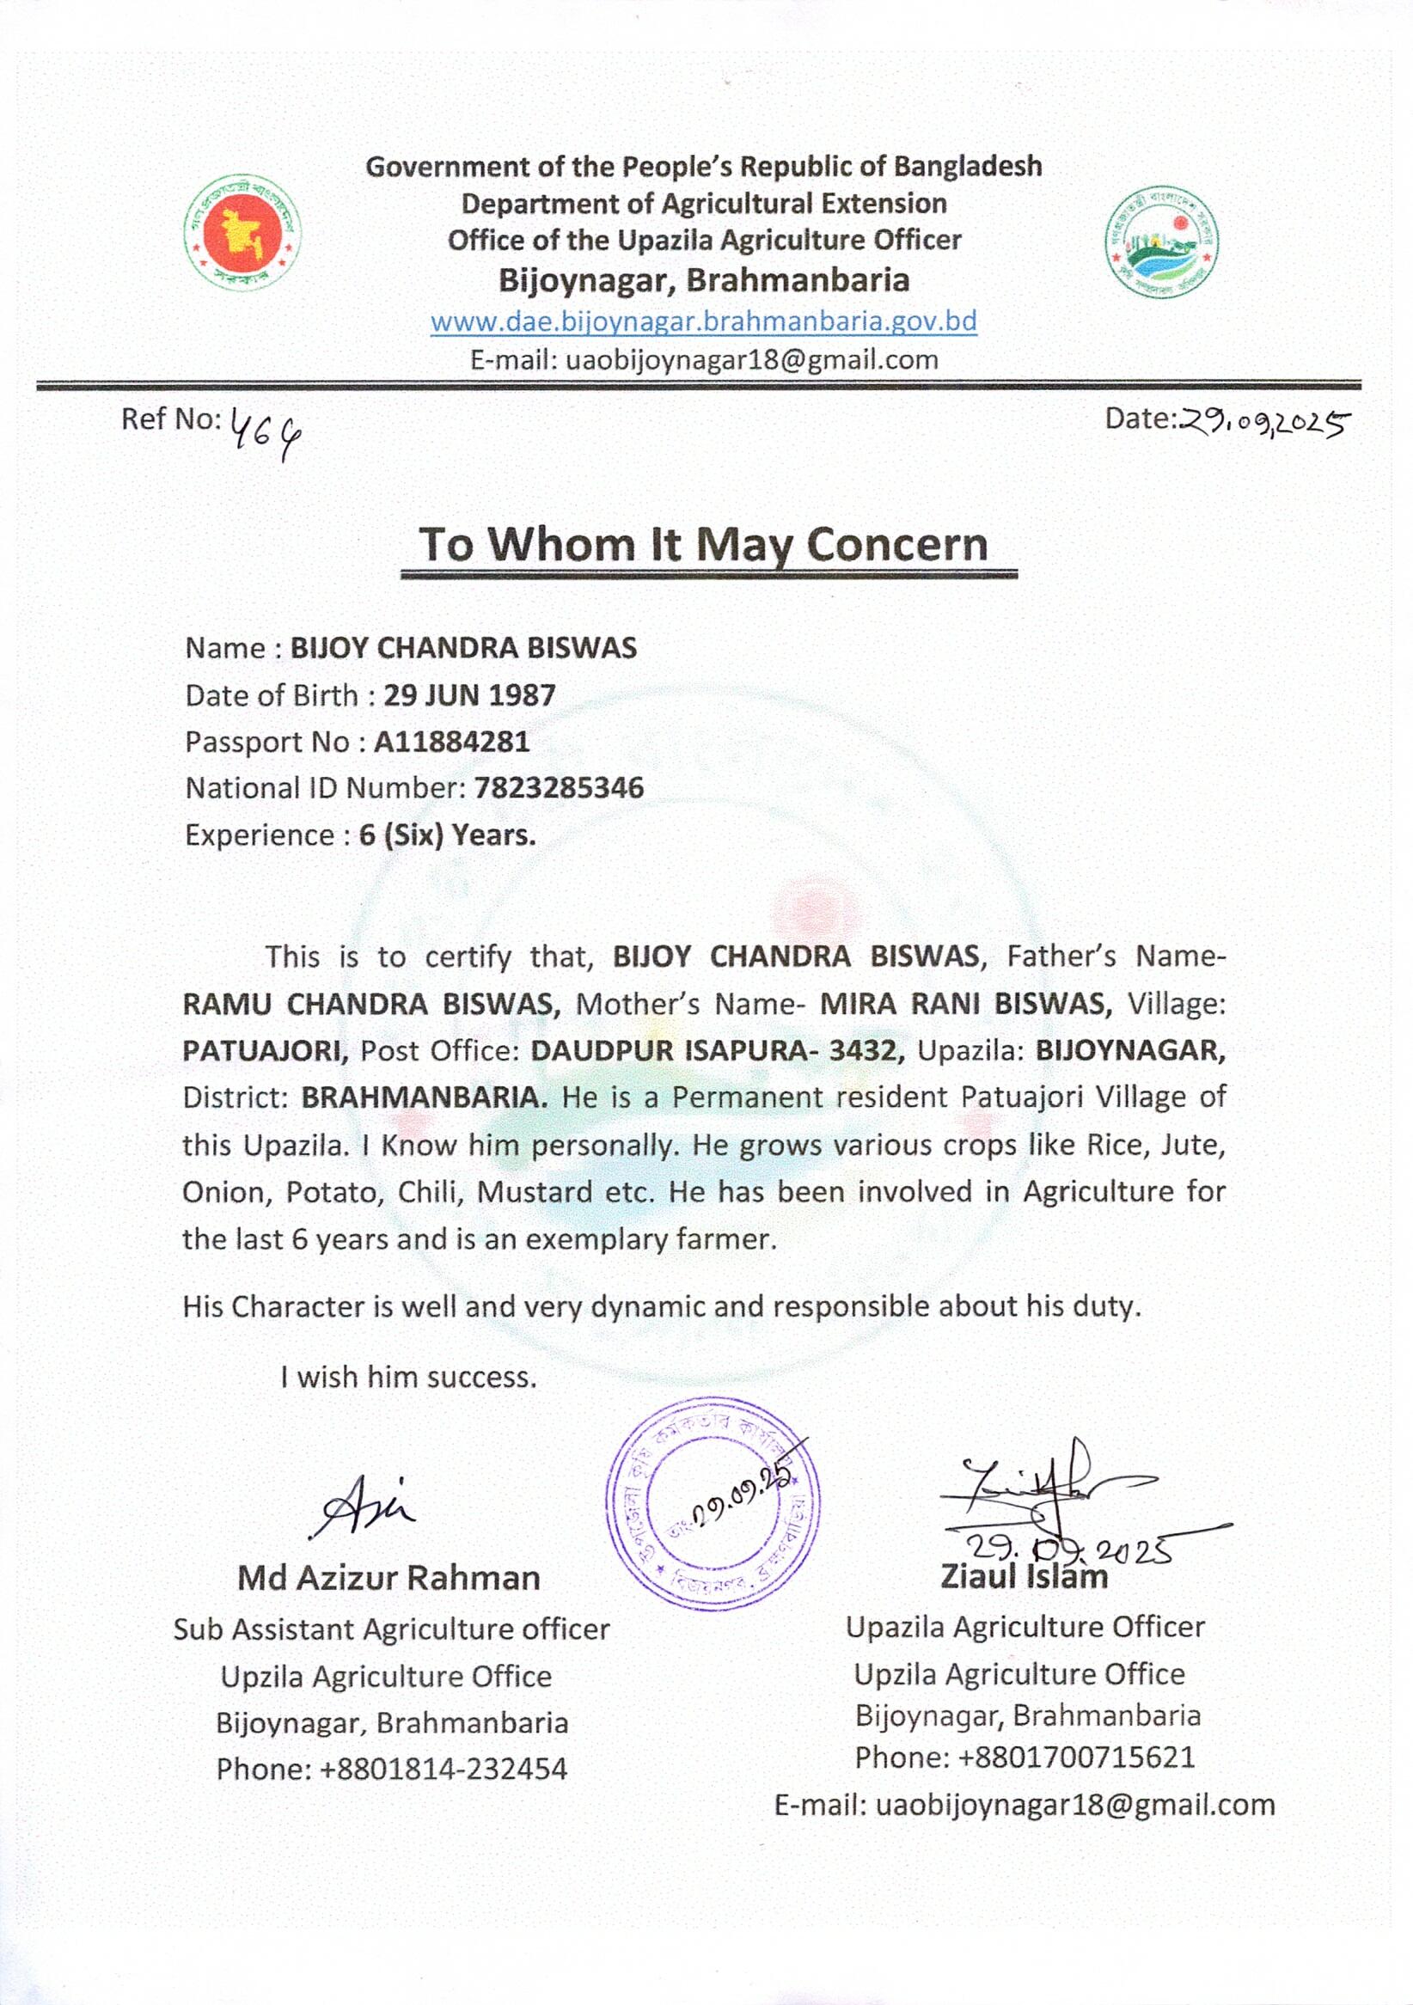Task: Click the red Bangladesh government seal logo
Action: pos(242,233)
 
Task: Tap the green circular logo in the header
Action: pos(1161,243)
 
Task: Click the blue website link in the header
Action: pos(704,321)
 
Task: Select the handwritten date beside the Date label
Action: pos(1263,423)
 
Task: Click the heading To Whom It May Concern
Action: pos(704,543)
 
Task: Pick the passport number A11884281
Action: pos(451,742)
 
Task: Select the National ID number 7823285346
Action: pos(559,788)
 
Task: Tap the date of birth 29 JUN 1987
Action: pos(470,694)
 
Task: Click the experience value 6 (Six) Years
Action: pos(447,834)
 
